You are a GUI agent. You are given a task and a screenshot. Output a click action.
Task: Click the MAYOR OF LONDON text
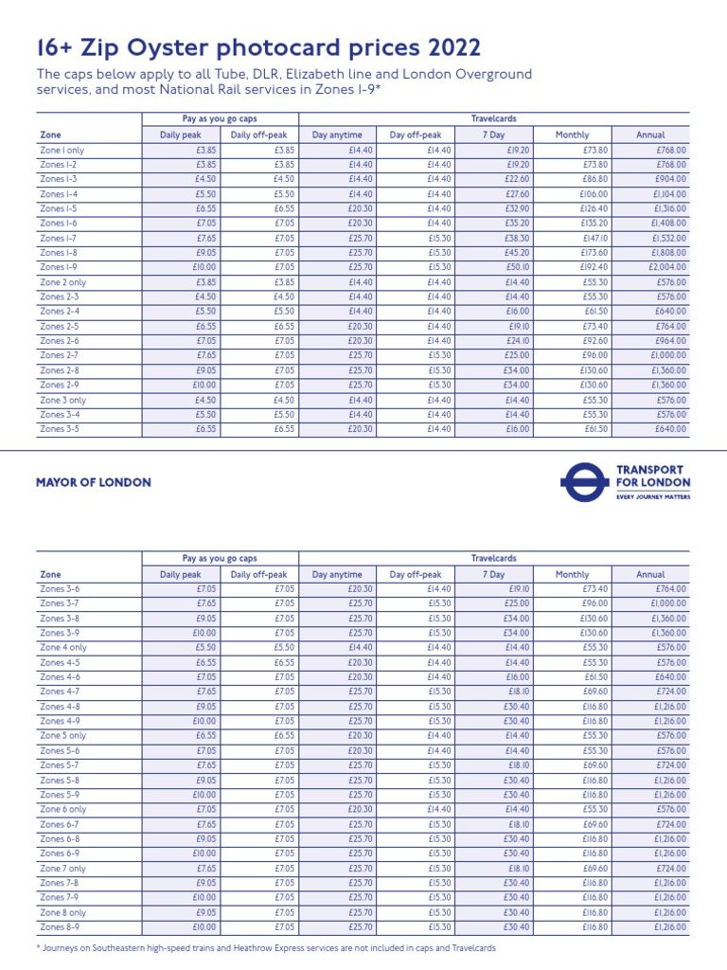tap(93, 482)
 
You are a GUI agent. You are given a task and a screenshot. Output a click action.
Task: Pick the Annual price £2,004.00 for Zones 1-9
tap(668, 267)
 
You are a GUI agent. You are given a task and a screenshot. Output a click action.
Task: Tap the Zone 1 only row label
tap(62, 150)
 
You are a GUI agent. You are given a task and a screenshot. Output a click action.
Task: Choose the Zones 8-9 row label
tap(59, 926)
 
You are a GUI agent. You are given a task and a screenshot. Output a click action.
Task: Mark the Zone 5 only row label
tap(62, 736)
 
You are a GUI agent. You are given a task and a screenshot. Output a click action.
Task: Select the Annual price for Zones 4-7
tap(668, 692)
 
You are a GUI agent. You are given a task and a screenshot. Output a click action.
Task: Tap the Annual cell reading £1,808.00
tap(668, 253)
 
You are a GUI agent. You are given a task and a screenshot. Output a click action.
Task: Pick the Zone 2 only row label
tap(62, 282)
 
